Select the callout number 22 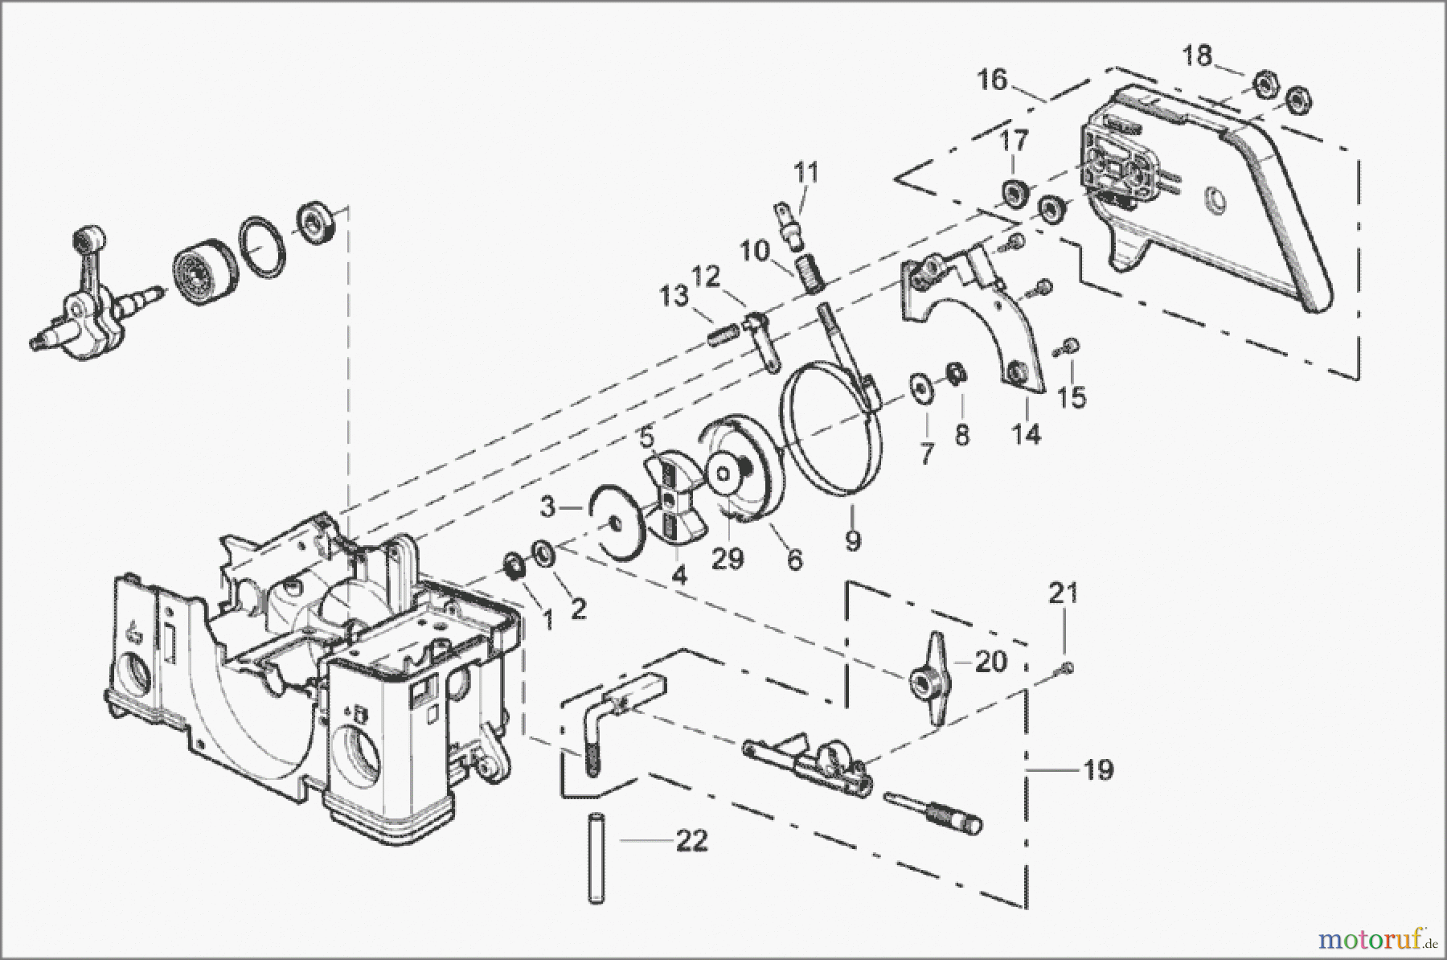[691, 841]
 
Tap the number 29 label [728, 558]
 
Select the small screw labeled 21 [1066, 666]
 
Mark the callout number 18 [1198, 58]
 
